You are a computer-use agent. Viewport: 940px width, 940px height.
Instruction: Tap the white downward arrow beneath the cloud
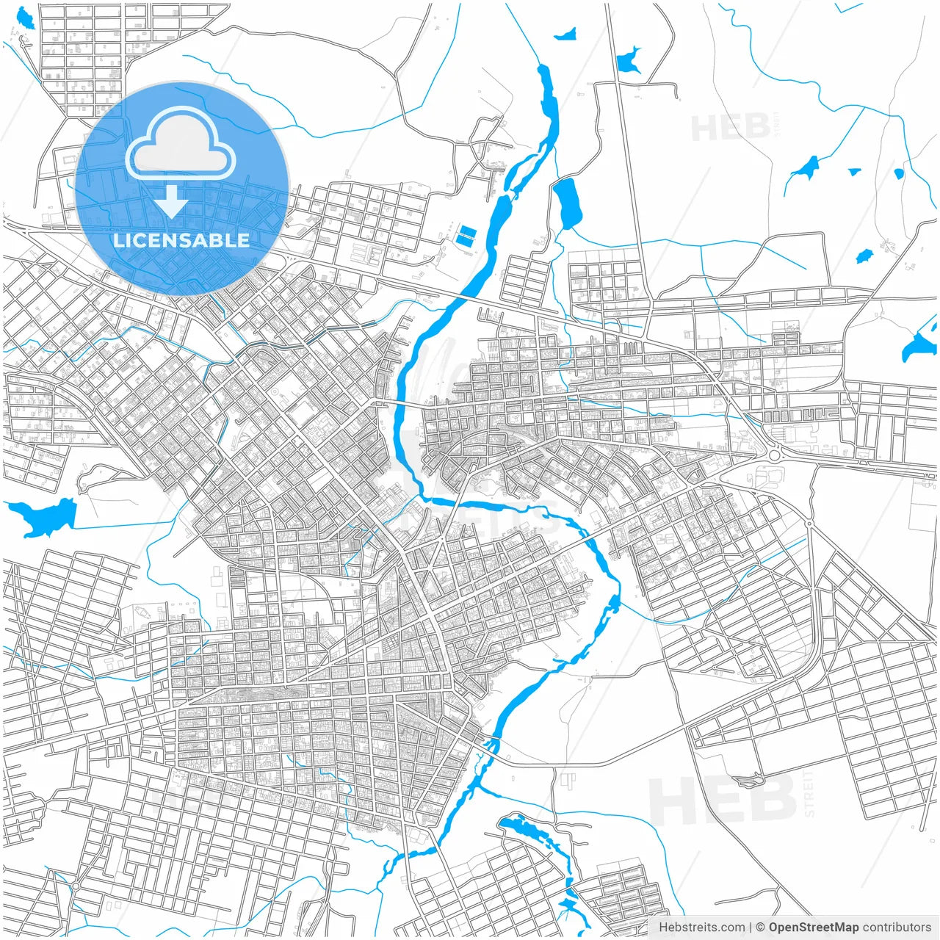point(172,202)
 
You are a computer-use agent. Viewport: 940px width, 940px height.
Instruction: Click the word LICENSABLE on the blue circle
point(181,240)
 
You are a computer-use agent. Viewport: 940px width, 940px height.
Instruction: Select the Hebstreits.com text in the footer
point(701,928)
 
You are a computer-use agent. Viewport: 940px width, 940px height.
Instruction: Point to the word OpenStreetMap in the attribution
point(814,928)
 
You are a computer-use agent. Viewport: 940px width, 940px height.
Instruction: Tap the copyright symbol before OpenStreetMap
point(761,928)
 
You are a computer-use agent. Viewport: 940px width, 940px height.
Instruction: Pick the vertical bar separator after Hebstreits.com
point(751,928)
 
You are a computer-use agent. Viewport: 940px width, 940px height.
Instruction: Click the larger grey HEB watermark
point(723,800)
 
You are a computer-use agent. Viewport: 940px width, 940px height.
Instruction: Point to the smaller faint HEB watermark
point(731,128)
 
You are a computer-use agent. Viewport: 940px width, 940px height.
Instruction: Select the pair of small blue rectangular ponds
point(466,235)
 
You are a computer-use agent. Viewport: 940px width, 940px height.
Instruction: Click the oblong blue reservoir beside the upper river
point(567,203)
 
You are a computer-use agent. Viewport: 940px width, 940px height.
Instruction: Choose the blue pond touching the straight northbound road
point(629,60)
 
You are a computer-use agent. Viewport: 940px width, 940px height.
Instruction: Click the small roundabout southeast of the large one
point(809,524)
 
